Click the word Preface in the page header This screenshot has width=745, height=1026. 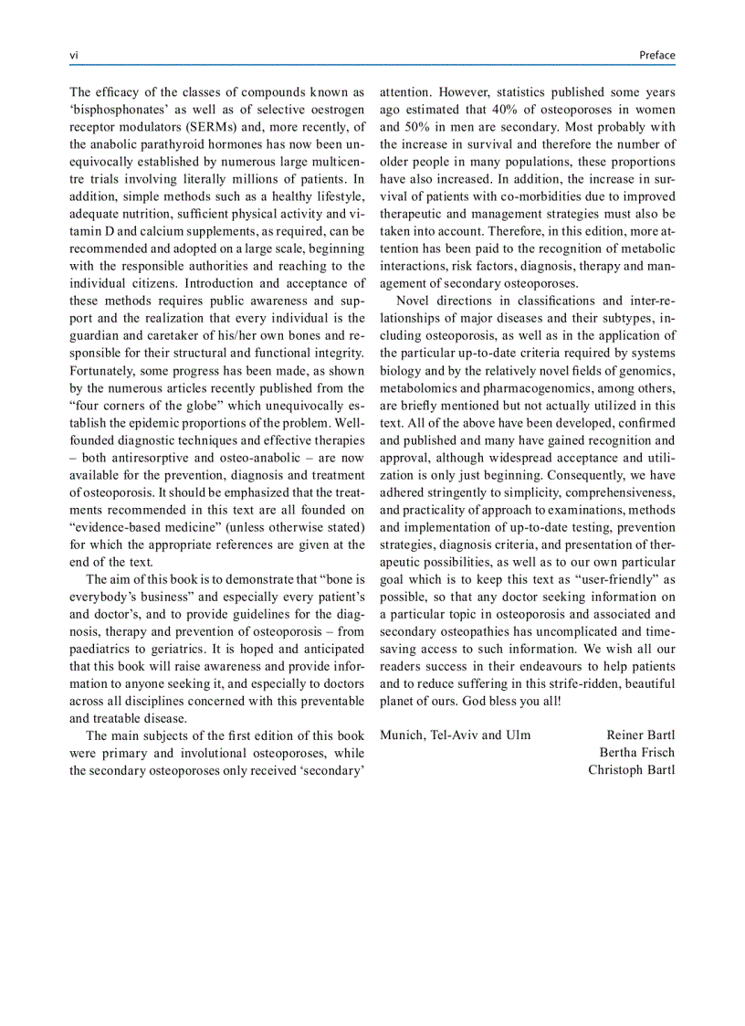(x=657, y=56)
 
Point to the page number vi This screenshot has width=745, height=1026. (x=74, y=56)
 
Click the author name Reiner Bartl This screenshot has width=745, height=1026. (x=641, y=735)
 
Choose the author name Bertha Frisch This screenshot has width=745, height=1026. (x=637, y=753)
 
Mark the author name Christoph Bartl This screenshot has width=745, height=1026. (x=632, y=769)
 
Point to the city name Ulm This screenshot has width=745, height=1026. (x=518, y=735)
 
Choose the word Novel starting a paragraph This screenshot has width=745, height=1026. (x=414, y=301)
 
